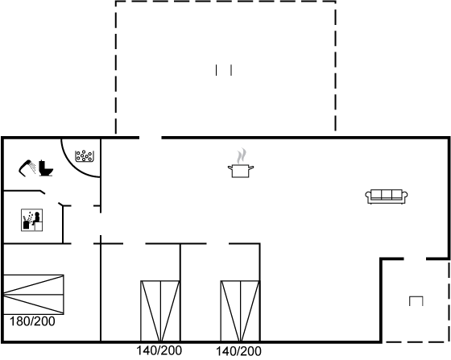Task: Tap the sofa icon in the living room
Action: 387,197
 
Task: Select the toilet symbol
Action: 46,168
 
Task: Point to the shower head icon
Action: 27,168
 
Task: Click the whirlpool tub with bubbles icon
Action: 84,156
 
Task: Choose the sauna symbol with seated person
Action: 32,220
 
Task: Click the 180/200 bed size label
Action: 32,321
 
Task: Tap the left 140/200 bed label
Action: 159,351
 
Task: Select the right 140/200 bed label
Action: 238,351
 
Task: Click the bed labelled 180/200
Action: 33,295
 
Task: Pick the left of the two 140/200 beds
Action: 160,311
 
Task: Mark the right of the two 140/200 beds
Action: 240,311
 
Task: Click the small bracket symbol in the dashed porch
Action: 416,300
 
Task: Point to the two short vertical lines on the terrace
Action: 224,70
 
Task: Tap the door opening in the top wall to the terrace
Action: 151,138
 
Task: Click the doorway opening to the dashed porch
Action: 415,259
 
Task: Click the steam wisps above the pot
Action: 242,156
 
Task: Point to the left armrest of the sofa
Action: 368,196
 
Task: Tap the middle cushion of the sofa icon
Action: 387,194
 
